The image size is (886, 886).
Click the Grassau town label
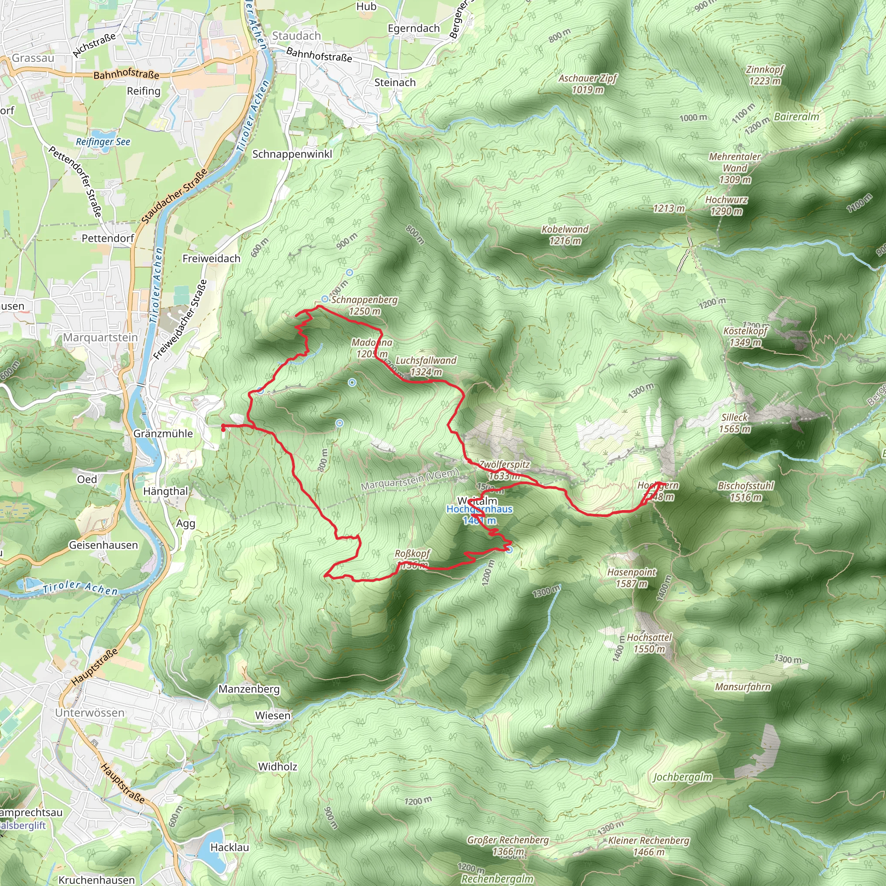(x=33, y=58)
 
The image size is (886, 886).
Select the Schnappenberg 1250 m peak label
(x=364, y=305)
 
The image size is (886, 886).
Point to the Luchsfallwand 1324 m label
(x=426, y=366)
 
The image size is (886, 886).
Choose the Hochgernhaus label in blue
(x=479, y=509)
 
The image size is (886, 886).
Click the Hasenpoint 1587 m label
(x=632, y=578)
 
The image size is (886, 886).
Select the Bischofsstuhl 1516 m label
(x=746, y=491)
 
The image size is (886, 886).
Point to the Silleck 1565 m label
(x=735, y=423)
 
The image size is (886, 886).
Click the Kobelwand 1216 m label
(x=565, y=235)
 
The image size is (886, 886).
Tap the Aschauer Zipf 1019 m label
(x=587, y=84)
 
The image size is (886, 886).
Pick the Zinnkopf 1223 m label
(x=764, y=75)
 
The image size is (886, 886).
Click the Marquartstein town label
(x=100, y=337)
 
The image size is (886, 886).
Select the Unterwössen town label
(x=90, y=713)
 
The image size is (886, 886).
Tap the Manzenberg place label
(x=249, y=689)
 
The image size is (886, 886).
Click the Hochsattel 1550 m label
(x=649, y=643)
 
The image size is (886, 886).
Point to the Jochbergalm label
(x=682, y=777)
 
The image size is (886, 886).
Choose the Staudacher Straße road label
(x=174, y=196)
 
